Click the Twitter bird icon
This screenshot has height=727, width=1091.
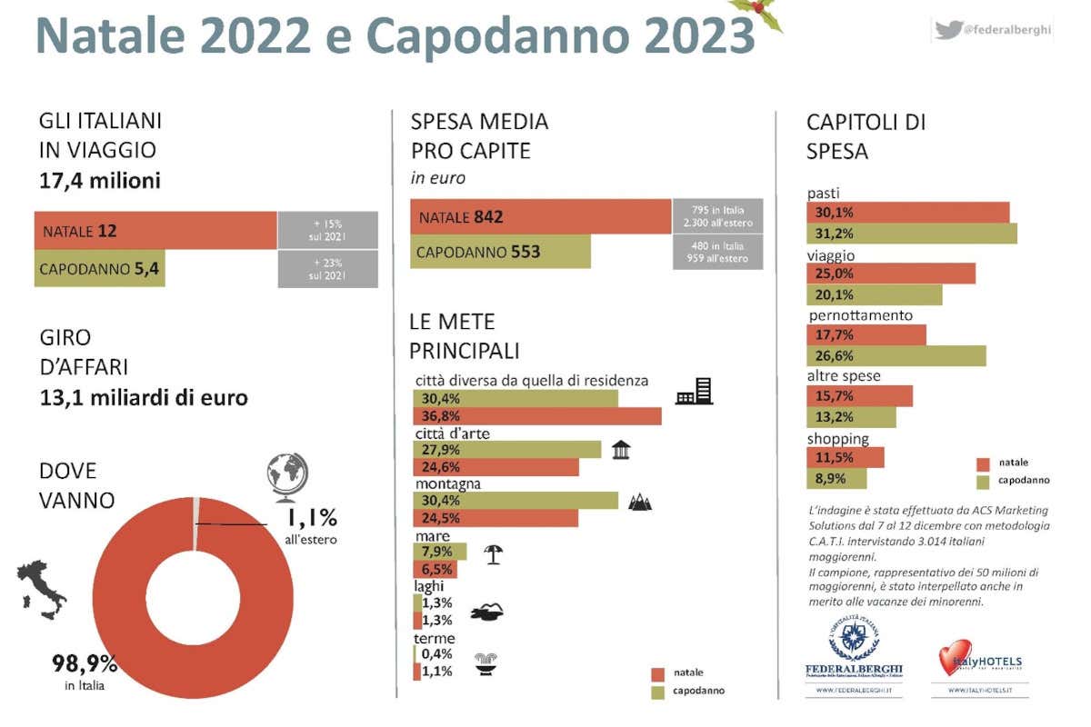click(948, 29)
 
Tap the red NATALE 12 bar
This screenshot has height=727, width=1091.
click(155, 231)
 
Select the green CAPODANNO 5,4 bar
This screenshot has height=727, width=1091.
click(100, 269)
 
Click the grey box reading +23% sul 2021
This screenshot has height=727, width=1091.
click(327, 269)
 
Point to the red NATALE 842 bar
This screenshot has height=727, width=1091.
click(540, 217)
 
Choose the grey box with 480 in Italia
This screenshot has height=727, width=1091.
click(717, 252)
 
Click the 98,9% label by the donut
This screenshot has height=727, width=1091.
click(85, 664)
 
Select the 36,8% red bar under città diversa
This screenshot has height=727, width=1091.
click(536, 416)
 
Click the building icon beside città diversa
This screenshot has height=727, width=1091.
click(695, 392)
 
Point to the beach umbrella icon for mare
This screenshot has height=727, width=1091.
click(493, 553)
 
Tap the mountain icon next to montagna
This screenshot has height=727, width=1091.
click(640, 501)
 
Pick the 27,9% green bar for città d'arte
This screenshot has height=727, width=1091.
click(506, 450)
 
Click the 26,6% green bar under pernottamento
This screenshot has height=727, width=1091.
click(896, 355)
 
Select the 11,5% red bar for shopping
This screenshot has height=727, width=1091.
click(845, 457)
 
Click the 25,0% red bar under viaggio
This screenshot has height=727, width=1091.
click(890, 274)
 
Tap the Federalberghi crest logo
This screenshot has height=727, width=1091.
click(853, 639)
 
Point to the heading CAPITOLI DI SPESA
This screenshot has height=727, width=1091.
click(865, 136)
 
